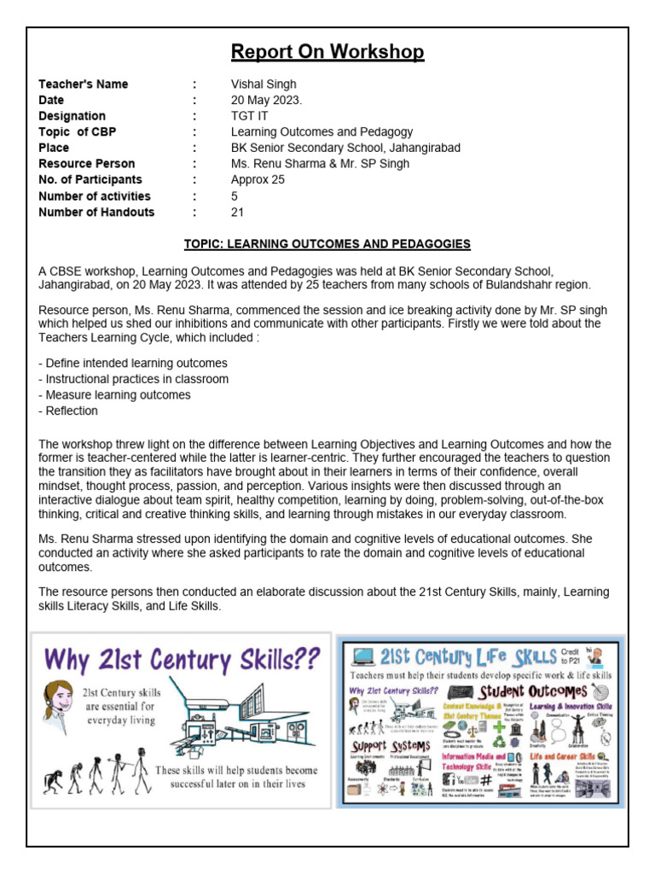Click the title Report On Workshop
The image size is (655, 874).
327,52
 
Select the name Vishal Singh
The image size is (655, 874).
264,84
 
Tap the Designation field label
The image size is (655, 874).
72,116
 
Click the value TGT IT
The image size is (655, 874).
250,116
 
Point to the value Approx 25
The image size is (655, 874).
258,180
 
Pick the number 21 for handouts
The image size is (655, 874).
238,213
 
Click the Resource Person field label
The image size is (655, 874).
86,164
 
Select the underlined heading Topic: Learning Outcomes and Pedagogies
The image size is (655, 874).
327,245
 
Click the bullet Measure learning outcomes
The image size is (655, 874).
114,395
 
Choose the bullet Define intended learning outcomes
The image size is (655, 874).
133,363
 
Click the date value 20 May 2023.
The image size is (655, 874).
266,100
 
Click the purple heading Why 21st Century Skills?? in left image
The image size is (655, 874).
183,660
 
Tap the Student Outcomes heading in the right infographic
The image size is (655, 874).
532,690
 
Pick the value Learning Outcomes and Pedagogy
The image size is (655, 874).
322,132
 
